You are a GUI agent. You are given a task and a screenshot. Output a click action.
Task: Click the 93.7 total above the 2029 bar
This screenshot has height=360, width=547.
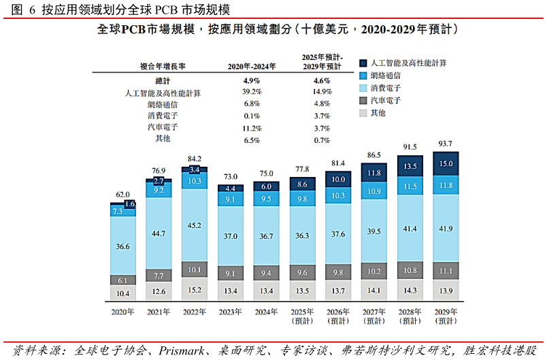(x=445, y=144)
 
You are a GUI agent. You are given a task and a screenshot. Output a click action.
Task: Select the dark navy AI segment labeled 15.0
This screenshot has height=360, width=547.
(x=446, y=163)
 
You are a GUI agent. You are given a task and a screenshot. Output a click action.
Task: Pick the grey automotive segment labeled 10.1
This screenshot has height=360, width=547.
(x=195, y=269)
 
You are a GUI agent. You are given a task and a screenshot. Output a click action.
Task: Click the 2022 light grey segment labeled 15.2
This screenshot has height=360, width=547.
(x=195, y=289)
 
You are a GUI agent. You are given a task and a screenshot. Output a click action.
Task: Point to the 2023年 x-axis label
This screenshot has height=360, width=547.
(x=230, y=312)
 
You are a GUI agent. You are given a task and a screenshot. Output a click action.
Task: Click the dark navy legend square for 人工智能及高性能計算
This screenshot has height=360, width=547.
(x=363, y=63)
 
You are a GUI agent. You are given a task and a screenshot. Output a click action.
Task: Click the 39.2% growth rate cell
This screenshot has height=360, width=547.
(x=252, y=92)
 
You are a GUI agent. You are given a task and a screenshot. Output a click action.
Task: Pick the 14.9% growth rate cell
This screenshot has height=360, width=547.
(x=322, y=92)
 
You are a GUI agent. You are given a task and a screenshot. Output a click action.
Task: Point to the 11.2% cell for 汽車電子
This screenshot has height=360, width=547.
(x=252, y=129)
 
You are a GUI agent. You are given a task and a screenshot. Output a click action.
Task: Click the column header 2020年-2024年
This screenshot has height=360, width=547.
(x=252, y=66)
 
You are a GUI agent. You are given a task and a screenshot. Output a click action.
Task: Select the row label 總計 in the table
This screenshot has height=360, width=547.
(x=163, y=81)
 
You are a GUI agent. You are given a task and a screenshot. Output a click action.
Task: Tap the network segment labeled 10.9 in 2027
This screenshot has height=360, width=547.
(x=374, y=191)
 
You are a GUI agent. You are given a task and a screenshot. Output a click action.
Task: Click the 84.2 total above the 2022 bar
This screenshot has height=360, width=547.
(x=195, y=159)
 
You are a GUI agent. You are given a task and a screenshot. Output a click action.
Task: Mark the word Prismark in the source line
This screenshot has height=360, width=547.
(x=182, y=350)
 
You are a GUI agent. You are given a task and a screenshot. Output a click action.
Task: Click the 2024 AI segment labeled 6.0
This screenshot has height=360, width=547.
(x=266, y=186)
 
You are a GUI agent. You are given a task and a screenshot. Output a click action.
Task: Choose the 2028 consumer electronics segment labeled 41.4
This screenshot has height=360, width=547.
(x=410, y=228)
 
